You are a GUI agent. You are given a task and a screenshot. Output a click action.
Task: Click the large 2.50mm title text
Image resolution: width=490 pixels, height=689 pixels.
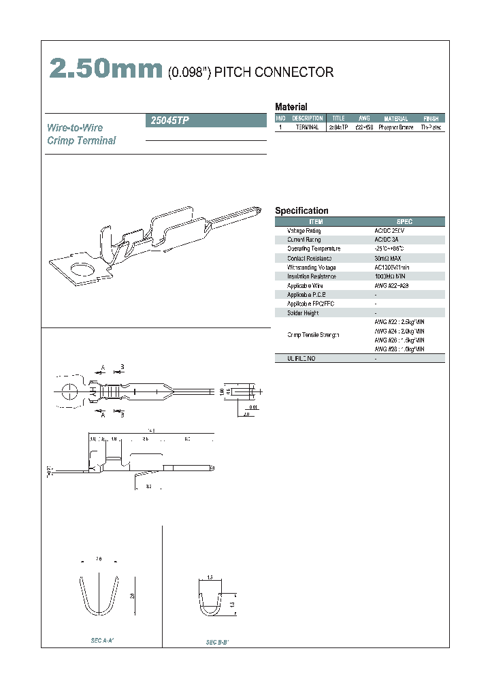pyautogui.click(x=105, y=70)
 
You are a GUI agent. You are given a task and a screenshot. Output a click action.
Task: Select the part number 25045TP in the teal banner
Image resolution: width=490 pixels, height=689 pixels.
pyautogui.click(x=167, y=121)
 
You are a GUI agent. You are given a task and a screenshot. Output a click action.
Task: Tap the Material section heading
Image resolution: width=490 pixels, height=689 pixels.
pyautogui.click(x=291, y=107)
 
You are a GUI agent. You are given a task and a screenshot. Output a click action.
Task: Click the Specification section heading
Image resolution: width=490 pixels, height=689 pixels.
pyautogui.click(x=301, y=211)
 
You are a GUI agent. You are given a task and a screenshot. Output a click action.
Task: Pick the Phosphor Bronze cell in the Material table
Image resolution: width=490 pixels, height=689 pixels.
pyautogui.click(x=395, y=127)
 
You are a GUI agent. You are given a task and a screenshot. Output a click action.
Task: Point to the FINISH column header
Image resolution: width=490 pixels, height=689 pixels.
pyautogui.click(x=431, y=118)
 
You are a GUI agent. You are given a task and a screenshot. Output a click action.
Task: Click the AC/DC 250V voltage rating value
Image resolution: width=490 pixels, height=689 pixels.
pyautogui.click(x=389, y=231)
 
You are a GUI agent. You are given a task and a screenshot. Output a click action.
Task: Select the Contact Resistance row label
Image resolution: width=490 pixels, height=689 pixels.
pyautogui.click(x=309, y=258)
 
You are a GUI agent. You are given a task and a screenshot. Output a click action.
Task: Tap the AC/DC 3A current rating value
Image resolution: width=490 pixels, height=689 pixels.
pyautogui.click(x=386, y=240)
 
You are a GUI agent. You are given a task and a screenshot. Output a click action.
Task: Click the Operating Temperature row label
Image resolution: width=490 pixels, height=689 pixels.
pyautogui.click(x=314, y=249)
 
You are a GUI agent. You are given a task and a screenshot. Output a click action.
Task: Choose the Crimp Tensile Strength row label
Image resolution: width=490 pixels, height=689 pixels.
pyautogui.click(x=313, y=335)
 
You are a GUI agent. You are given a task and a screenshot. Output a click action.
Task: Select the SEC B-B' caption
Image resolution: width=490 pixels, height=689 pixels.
pyautogui.click(x=217, y=642)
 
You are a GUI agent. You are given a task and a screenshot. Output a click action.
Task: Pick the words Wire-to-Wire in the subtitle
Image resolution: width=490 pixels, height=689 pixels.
pyautogui.click(x=75, y=128)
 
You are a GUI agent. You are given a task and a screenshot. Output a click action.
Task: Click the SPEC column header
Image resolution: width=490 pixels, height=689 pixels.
pyautogui.click(x=404, y=222)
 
